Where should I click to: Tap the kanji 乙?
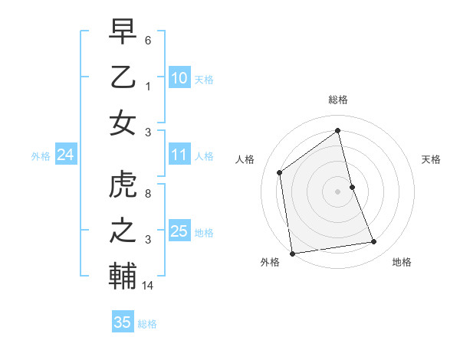(x=123, y=77)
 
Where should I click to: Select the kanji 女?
(x=123, y=123)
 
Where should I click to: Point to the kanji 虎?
(x=123, y=185)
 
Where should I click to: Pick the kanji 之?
(x=123, y=231)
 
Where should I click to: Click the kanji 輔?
(x=123, y=277)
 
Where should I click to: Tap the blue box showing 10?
(x=179, y=77)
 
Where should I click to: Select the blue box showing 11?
(x=179, y=155)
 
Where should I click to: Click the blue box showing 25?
(x=179, y=231)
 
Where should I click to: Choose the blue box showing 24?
(x=65, y=155)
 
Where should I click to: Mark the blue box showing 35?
(x=122, y=322)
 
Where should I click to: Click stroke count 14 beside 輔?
(x=149, y=286)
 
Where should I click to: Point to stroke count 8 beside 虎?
(x=148, y=193)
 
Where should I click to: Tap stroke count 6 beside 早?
(x=148, y=39)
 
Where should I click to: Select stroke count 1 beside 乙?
(x=148, y=86)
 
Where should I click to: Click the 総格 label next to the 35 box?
(x=147, y=324)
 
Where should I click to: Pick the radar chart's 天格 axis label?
(x=431, y=159)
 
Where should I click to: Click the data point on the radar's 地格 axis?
(x=374, y=242)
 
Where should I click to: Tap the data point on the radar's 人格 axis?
(x=280, y=172)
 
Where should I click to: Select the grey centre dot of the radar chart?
(x=337, y=191)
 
